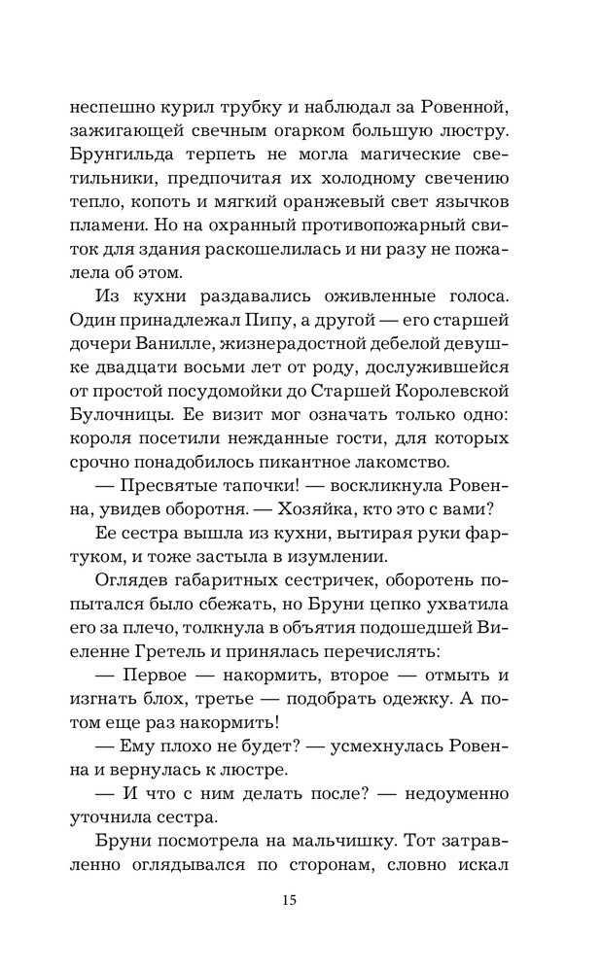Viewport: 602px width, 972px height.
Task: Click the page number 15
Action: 289,899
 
